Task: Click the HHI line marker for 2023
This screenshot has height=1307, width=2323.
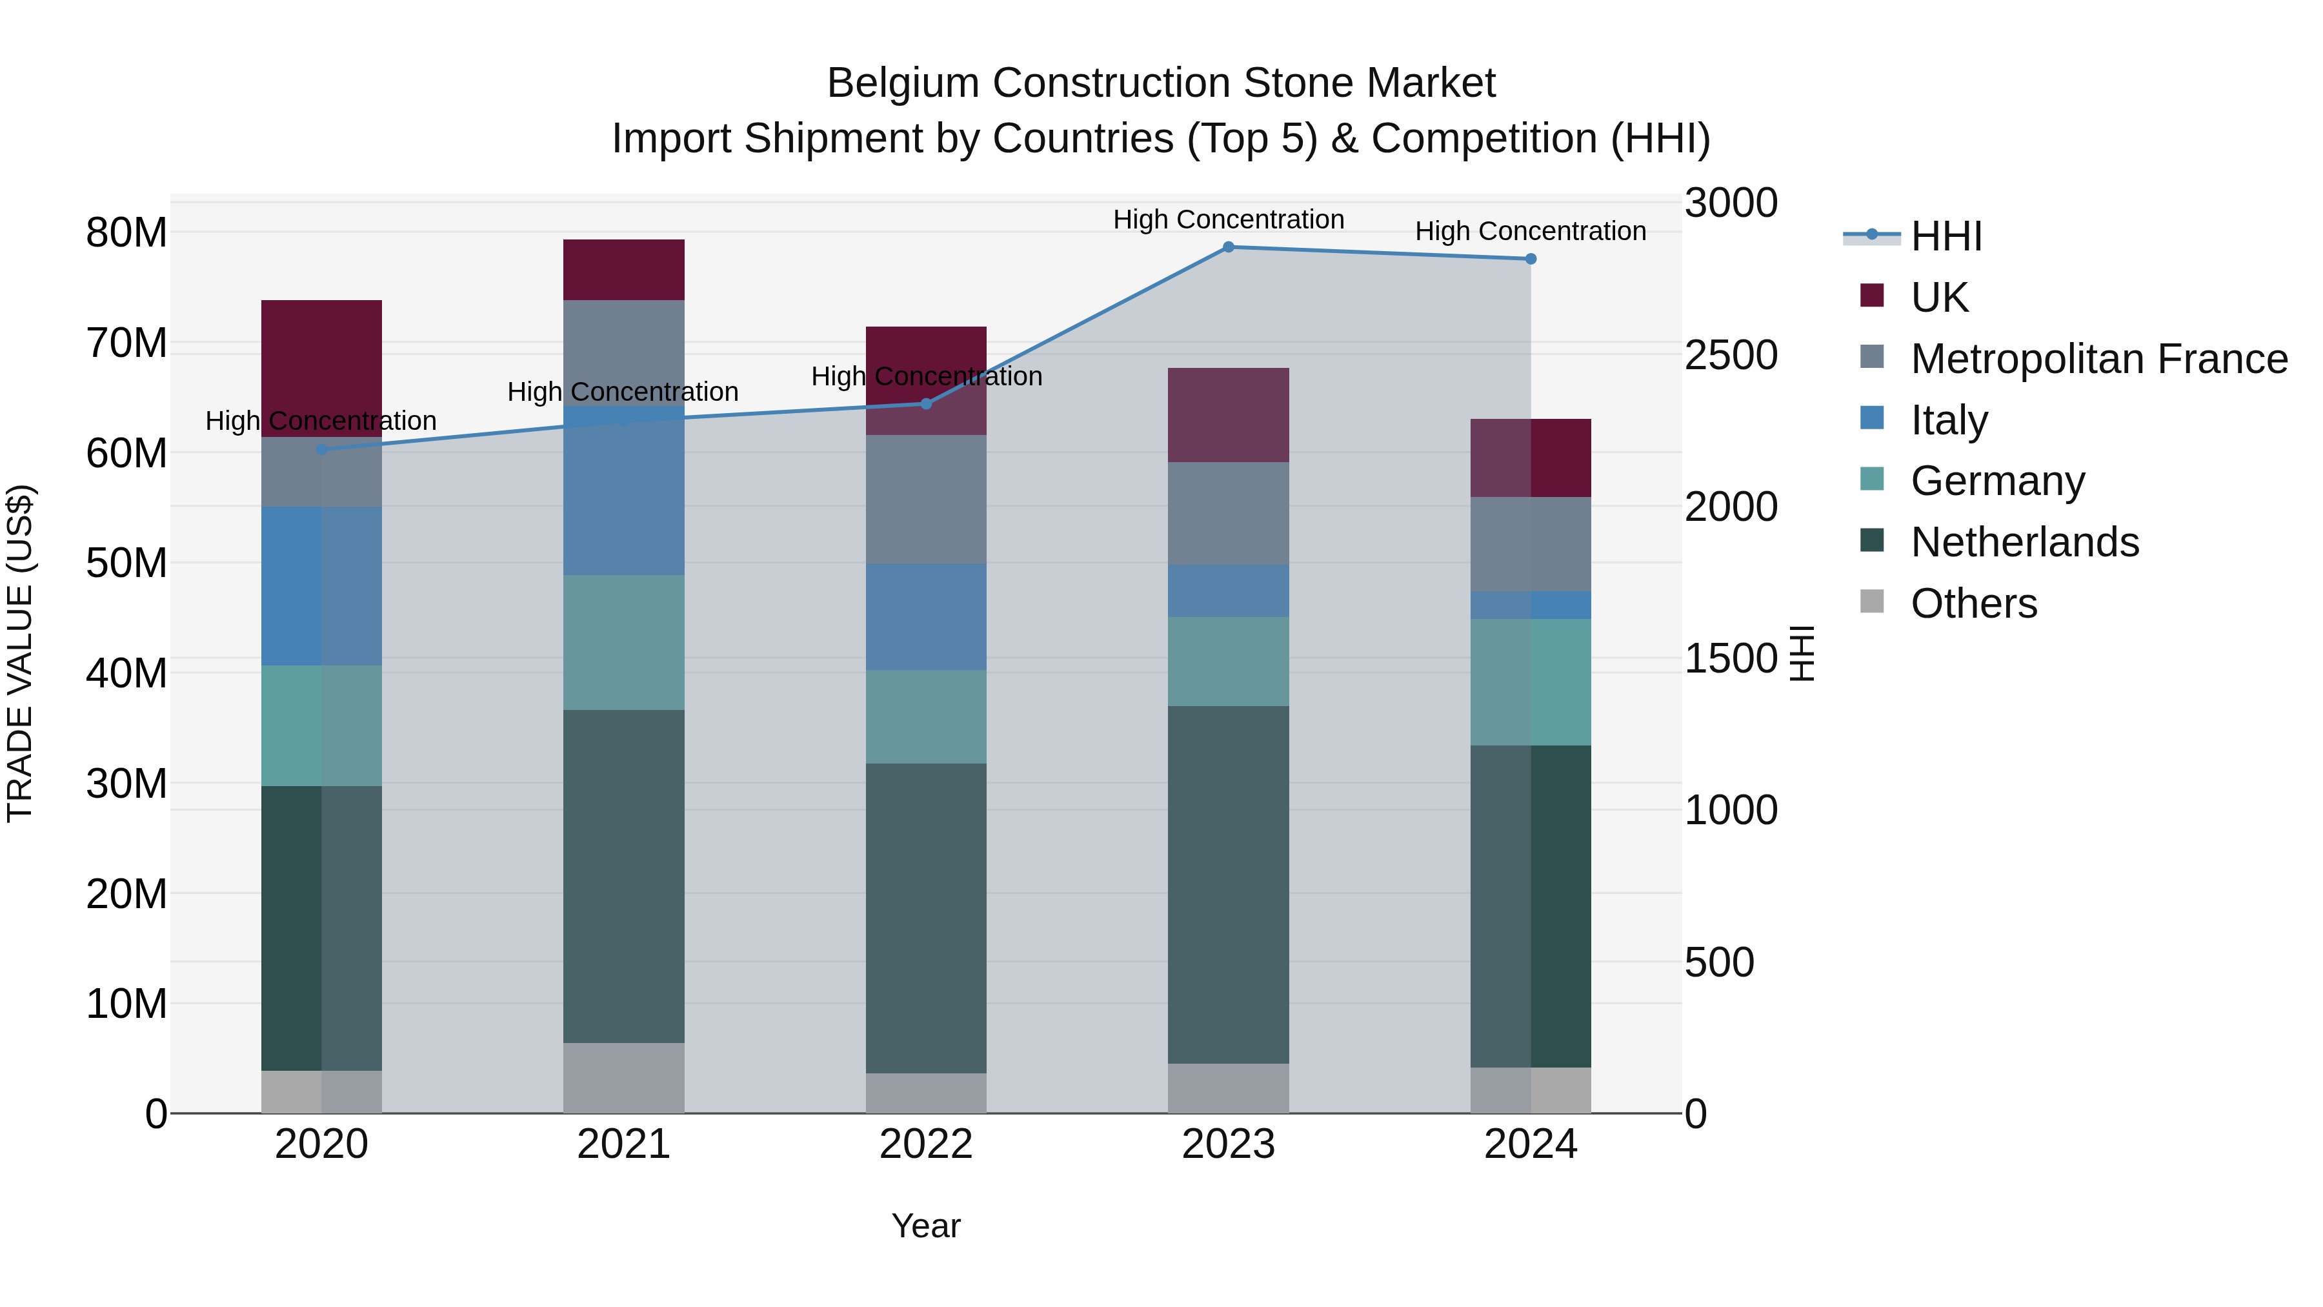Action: (x=1228, y=247)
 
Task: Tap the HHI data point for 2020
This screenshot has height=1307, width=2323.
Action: (x=322, y=449)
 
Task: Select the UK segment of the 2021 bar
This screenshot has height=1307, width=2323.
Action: (x=623, y=270)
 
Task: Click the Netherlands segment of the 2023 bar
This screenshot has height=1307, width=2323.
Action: (x=1228, y=884)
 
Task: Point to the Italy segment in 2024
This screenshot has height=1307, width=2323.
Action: (x=1531, y=605)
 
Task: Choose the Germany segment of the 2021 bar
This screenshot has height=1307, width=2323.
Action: (x=623, y=642)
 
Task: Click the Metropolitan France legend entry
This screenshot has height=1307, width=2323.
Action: (x=2098, y=359)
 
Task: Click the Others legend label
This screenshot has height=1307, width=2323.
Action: (x=1974, y=603)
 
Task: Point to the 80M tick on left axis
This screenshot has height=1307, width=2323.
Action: (x=126, y=233)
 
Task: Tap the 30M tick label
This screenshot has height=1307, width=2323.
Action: (x=126, y=784)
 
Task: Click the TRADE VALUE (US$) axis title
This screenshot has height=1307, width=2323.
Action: (x=20, y=653)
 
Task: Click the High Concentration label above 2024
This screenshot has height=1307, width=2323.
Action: (x=1531, y=232)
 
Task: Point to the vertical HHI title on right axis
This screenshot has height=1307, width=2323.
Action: (x=1801, y=653)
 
